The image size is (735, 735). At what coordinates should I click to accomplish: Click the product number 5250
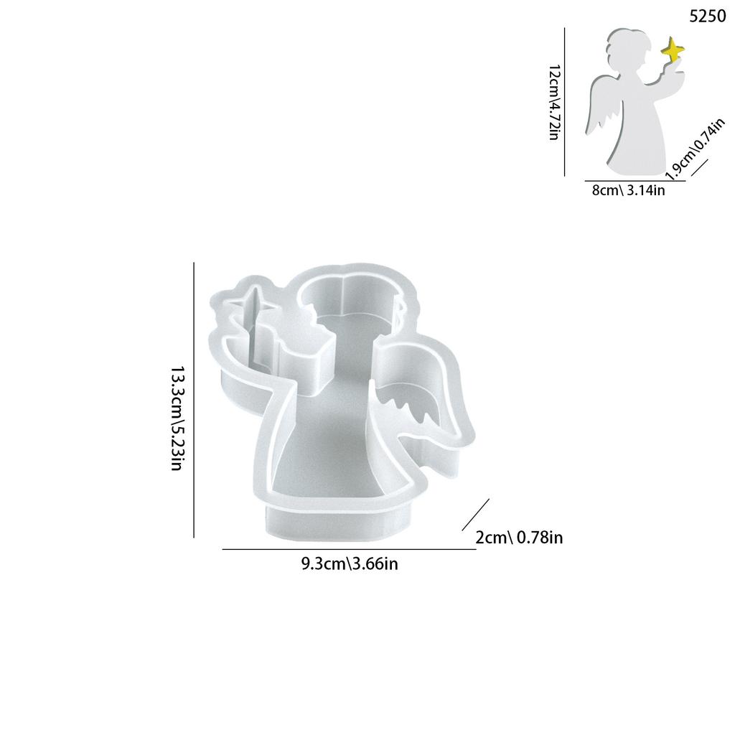(707, 17)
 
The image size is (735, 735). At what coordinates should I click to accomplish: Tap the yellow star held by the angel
(673, 52)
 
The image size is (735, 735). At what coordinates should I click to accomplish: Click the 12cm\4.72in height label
(553, 101)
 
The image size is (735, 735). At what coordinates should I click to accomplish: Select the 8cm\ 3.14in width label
(629, 191)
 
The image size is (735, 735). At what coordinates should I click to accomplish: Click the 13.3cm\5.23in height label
(177, 418)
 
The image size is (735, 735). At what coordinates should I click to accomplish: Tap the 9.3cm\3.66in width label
(350, 563)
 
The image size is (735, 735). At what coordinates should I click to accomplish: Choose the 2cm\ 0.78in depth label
(519, 537)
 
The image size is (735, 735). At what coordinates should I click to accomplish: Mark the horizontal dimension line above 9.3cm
(349, 549)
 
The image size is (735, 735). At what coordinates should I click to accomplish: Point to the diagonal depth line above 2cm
(475, 515)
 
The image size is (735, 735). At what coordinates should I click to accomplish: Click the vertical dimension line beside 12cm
(565, 101)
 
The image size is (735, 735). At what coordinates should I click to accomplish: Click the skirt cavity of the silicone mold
(330, 459)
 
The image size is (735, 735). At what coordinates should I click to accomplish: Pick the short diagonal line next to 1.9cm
(699, 170)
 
